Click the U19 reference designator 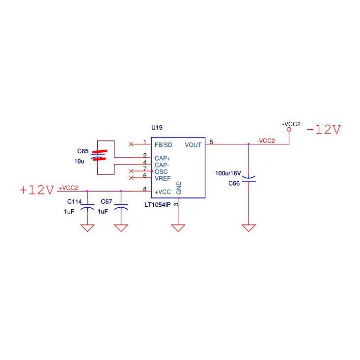[157, 127]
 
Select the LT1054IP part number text [158, 205]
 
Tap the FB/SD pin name [164, 145]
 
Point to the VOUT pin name [193, 145]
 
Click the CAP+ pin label [163, 159]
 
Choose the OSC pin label [161, 172]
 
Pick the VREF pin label [163, 178]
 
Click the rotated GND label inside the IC [179, 188]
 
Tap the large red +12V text [37, 190]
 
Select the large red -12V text [324, 130]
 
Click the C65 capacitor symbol [99, 155]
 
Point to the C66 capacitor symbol [249, 179]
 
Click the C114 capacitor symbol [87, 207]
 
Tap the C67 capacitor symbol [121, 207]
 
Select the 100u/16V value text [228, 173]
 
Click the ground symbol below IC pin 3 [178, 228]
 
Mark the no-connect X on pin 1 [131, 144]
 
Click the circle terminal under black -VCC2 [289, 129]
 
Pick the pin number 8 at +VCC [145, 189]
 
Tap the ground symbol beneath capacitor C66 [249, 228]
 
